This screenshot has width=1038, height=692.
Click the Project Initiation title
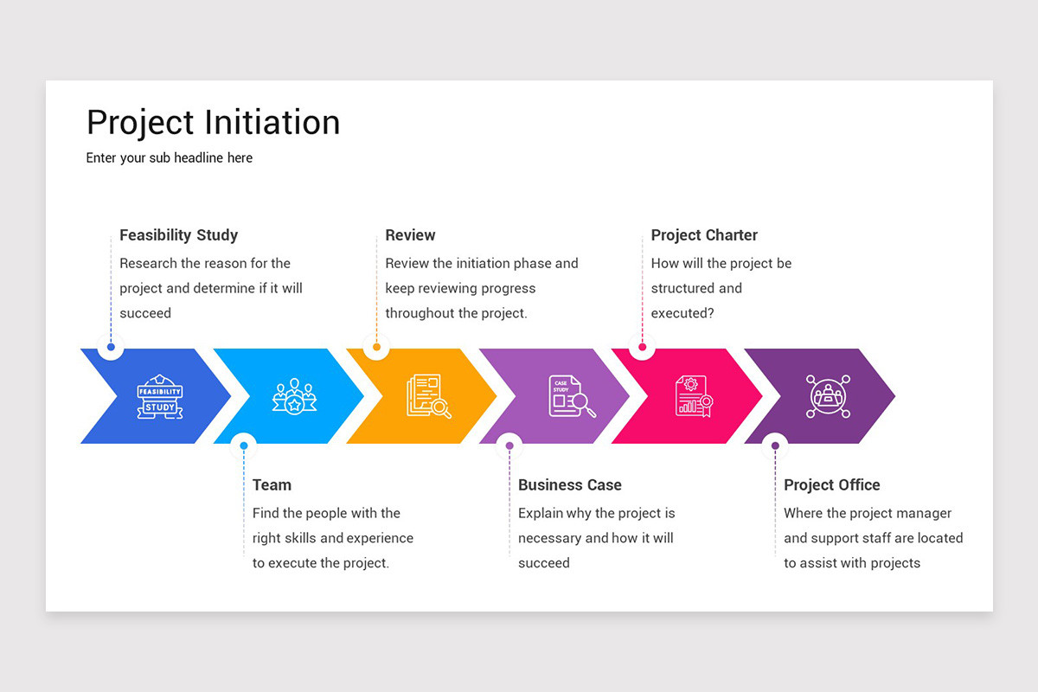[x=213, y=123]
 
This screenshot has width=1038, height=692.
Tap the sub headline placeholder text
[x=170, y=158]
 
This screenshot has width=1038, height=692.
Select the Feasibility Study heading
[x=178, y=235]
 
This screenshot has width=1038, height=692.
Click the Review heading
[x=410, y=235]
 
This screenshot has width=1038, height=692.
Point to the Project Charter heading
[x=704, y=235]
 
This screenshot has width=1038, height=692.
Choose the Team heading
[x=272, y=485]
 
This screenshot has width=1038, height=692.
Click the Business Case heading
[x=569, y=485]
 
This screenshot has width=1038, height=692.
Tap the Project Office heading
[x=831, y=485]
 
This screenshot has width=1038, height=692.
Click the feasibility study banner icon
[x=160, y=397]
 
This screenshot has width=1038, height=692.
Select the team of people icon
[x=294, y=396]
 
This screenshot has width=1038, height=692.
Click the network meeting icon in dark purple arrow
[x=828, y=396]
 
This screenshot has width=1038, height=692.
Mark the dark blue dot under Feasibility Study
[x=111, y=348]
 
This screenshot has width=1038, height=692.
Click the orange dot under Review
[x=376, y=348]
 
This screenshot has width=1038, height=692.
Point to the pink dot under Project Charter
[x=642, y=348]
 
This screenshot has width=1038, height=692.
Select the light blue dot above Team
[x=244, y=446]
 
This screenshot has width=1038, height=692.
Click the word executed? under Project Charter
[x=682, y=313]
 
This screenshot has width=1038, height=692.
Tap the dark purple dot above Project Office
[x=775, y=446]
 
